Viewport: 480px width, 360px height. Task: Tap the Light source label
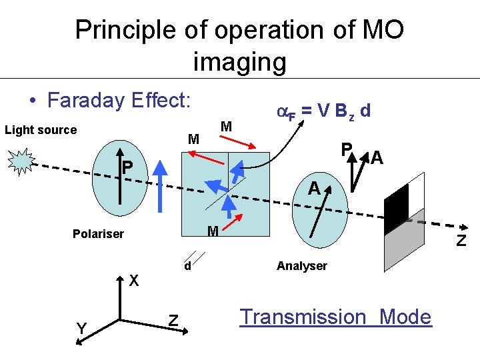pos(41,129)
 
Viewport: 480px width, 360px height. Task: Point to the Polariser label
pos(99,234)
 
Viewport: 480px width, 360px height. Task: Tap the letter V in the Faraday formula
pos(322,111)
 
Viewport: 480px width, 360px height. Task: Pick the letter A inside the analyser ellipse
pos(313,189)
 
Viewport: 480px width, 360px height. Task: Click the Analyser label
pos(302,266)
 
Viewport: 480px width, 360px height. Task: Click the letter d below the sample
pos(189,265)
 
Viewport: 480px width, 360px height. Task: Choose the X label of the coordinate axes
pos(134,281)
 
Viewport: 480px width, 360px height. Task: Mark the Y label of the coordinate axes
pos(81,328)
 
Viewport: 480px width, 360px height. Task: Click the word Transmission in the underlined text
pos(303,317)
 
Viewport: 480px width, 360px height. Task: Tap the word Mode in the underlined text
pos(405,317)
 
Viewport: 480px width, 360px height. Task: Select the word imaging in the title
pos(239,62)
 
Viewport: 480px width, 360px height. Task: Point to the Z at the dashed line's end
pos(461,241)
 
